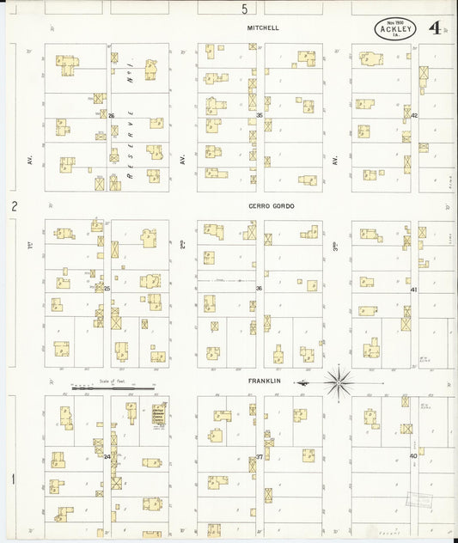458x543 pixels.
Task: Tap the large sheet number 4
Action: pyautogui.click(x=437, y=28)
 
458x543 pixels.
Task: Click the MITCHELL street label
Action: pyautogui.click(x=263, y=27)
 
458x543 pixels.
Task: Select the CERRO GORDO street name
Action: pyautogui.click(x=266, y=206)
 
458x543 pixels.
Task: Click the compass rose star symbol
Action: pyautogui.click(x=339, y=381)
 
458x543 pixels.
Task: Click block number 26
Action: pyautogui.click(x=111, y=115)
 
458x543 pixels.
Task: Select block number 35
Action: pyautogui.click(x=259, y=115)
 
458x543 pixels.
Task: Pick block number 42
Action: pyautogui.click(x=413, y=115)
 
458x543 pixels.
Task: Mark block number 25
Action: pyautogui.click(x=107, y=289)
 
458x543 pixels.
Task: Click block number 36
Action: pyautogui.click(x=258, y=289)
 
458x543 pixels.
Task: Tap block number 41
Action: pyautogui.click(x=413, y=290)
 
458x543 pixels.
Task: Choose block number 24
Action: pyautogui.click(x=107, y=456)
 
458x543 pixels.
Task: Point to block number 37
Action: pyautogui.click(x=259, y=457)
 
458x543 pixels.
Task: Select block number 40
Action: pyautogui.click(x=413, y=456)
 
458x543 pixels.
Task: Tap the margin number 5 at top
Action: pyautogui.click(x=244, y=9)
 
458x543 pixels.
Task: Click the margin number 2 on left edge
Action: pyautogui.click(x=14, y=206)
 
